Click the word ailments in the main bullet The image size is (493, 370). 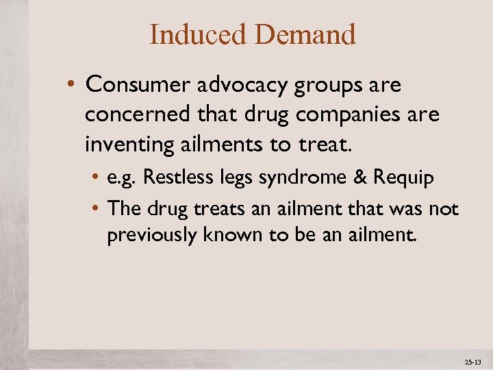click(214, 145)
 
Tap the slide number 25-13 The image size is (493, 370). click(473, 361)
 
